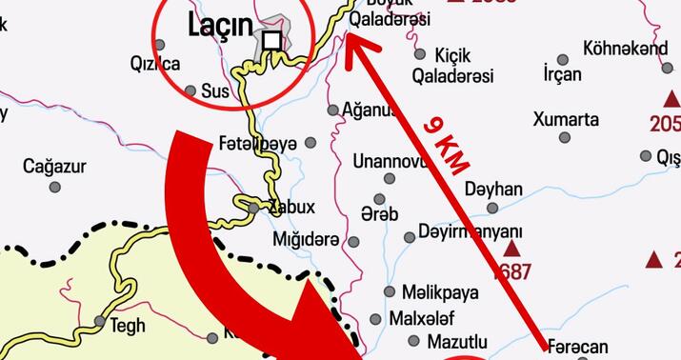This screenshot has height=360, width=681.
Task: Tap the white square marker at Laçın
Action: [x=273, y=40]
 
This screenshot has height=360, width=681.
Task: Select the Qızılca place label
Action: [x=155, y=64]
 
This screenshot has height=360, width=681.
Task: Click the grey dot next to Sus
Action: [x=190, y=91]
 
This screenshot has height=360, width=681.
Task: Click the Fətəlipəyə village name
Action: [x=258, y=142]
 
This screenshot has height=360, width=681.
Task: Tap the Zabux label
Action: [x=291, y=207]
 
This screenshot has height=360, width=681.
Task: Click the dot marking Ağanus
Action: [x=333, y=110]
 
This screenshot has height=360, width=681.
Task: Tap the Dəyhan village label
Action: [x=493, y=190]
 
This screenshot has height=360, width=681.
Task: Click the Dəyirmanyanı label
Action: [x=471, y=232]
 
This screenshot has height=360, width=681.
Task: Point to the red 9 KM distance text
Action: [x=445, y=145]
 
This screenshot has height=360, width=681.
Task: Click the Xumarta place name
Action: [x=566, y=119]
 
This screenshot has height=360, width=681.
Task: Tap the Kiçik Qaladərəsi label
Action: [x=464, y=65]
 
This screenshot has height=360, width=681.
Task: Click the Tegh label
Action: [x=128, y=326]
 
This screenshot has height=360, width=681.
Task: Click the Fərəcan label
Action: [x=579, y=349]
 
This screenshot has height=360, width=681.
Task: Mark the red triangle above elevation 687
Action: [x=512, y=249]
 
